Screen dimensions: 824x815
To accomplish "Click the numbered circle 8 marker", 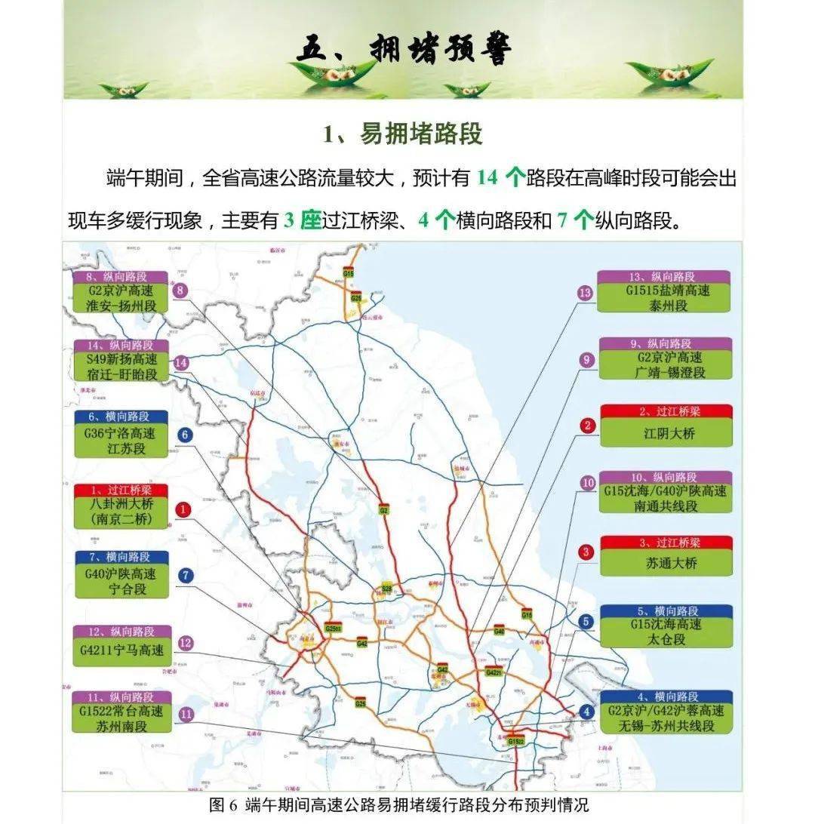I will pyautogui.click(x=180, y=291).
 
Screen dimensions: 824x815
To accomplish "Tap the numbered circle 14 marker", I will pyautogui.click(x=180, y=363).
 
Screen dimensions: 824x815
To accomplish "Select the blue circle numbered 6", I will pyautogui.click(x=185, y=435).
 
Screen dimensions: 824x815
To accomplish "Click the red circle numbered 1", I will pyautogui.click(x=183, y=510).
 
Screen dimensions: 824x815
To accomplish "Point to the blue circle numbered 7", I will pyautogui.click(x=186, y=576).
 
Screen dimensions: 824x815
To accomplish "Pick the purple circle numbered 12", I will pyautogui.click(x=186, y=644).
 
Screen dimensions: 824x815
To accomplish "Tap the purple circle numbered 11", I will pyautogui.click(x=186, y=714).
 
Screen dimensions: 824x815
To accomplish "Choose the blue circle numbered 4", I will pyautogui.click(x=587, y=711).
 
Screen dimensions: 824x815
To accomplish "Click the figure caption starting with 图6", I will pyautogui.click(x=398, y=805).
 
